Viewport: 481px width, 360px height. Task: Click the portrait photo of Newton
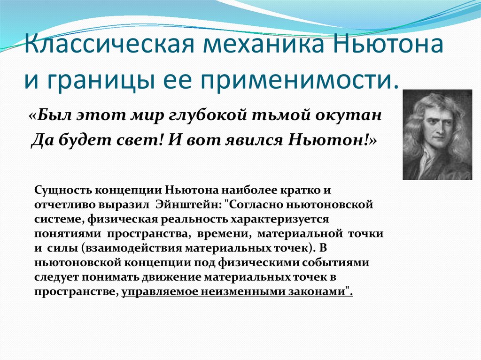[x=437, y=135]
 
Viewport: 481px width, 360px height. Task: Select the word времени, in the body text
[x=226, y=233]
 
